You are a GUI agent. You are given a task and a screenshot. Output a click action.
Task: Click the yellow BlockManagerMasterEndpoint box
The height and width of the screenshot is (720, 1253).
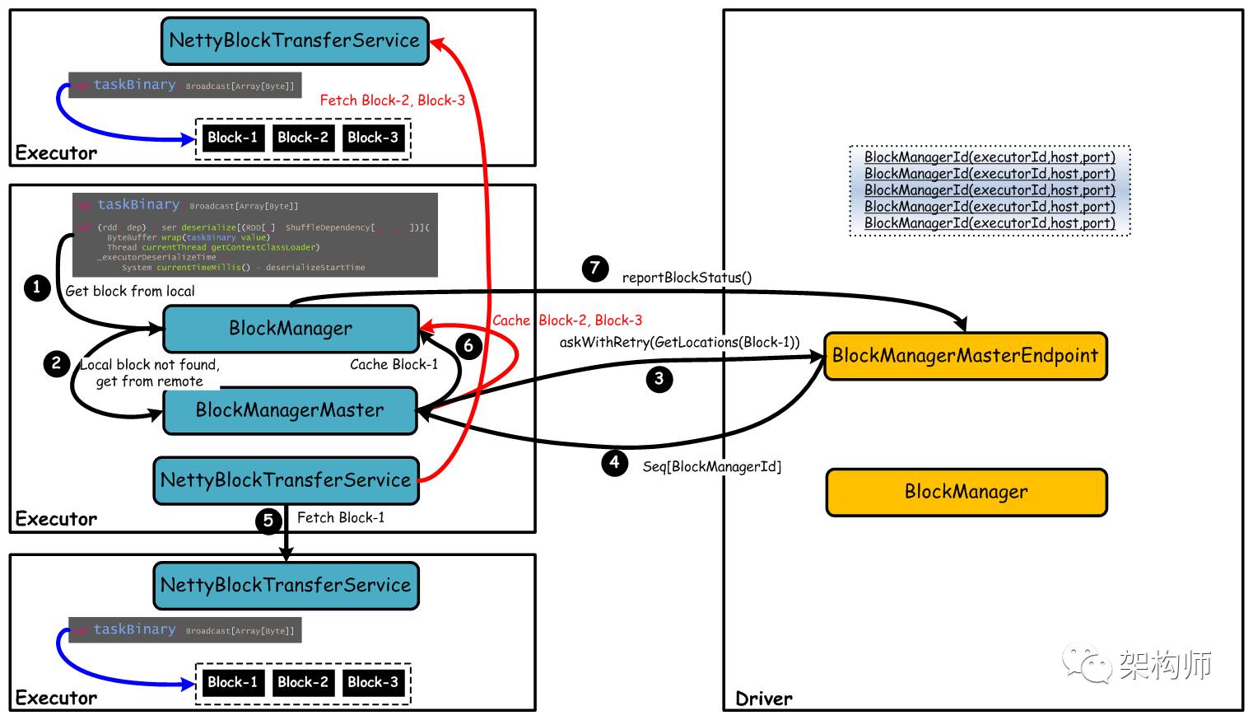coord(965,356)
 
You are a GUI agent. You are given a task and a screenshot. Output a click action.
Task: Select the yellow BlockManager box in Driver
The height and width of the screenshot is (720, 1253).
coord(967,492)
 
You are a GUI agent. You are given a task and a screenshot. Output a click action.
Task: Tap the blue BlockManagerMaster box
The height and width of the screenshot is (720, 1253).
coord(290,410)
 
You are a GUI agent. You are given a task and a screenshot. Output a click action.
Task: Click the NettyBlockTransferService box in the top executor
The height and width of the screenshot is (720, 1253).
coord(295,40)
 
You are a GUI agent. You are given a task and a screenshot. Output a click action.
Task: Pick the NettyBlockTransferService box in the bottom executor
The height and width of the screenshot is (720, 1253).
coord(286,586)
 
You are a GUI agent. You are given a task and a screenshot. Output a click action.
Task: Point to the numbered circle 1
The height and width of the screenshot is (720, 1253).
coord(37,288)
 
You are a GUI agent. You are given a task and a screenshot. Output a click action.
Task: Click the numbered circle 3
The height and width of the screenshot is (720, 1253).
coord(659,379)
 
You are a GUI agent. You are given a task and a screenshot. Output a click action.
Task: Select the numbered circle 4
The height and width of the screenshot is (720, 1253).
coord(614,462)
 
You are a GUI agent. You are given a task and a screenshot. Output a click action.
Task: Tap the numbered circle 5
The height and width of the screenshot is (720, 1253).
coord(268,521)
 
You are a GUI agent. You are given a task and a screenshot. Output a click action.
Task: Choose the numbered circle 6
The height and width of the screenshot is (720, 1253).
coord(468,345)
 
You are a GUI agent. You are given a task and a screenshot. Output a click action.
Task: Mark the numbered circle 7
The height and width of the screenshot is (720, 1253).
coord(595,268)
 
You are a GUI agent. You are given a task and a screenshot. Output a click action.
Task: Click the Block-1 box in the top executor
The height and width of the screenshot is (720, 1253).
coord(232,138)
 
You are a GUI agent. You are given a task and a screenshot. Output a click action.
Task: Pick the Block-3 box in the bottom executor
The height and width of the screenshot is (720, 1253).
coord(373,682)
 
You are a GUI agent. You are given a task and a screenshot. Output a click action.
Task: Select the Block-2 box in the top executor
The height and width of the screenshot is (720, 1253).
coord(303,138)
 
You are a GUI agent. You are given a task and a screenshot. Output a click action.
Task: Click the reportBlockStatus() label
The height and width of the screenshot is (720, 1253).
coord(687,278)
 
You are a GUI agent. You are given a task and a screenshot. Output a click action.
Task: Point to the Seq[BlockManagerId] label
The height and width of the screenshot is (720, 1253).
coord(712,467)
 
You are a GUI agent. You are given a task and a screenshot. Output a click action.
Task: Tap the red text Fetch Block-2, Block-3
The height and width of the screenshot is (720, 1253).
coord(392,101)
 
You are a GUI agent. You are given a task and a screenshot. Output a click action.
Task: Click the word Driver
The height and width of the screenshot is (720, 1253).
coord(764,699)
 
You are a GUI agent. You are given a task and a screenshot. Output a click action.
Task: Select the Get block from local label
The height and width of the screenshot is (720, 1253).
coord(130,291)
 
